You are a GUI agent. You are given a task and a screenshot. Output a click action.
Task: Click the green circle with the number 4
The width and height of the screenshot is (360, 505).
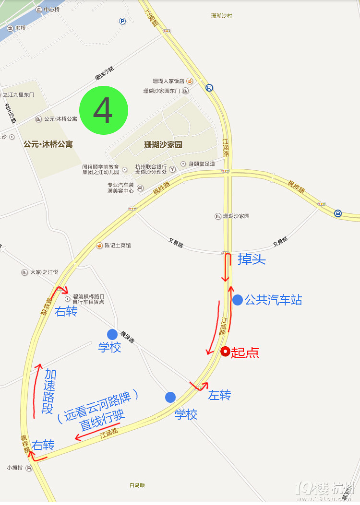[x=104, y=110]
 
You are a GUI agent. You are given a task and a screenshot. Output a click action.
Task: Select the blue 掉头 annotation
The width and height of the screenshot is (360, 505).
[x=252, y=259]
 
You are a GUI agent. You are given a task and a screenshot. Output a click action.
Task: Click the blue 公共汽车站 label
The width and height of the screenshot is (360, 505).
[x=273, y=300]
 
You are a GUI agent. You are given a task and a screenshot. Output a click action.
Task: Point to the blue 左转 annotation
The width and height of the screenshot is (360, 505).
[x=219, y=395]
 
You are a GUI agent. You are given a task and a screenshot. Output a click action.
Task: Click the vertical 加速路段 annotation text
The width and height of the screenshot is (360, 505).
[x=48, y=391]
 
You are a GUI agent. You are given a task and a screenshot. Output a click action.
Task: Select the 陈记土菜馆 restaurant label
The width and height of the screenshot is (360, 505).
[x=118, y=246]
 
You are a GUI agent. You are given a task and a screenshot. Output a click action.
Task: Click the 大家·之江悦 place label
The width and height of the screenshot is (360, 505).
[x=44, y=272]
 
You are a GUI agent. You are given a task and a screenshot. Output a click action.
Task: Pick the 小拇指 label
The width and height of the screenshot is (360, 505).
[x=16, y=468]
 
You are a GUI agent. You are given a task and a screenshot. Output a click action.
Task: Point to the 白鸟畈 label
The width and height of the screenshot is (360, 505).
[x=137, y=485]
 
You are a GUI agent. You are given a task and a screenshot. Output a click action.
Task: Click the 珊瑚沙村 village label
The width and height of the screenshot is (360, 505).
[x=221, y=16]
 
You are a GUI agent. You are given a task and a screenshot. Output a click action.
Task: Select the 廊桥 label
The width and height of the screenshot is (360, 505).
[x=20, y=28]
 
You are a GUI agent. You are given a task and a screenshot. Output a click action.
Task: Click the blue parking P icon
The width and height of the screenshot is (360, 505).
[x=122, y=21]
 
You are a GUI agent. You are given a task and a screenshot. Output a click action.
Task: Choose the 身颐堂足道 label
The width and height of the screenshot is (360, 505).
[x=202, y=164]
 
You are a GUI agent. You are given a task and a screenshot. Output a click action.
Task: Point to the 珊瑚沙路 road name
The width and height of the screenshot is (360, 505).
[x=104, y=73]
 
